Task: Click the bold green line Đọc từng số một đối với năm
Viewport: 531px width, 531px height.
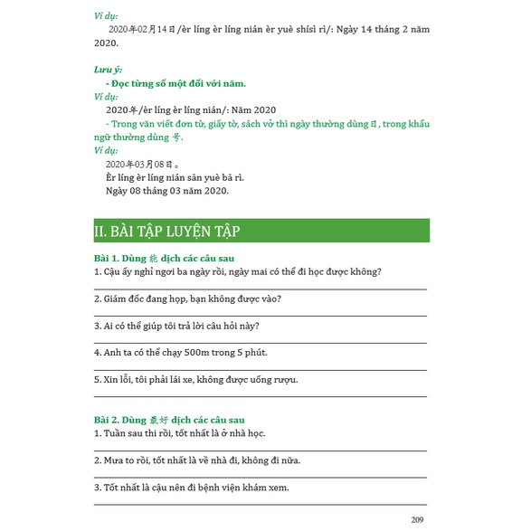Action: [175, 83]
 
